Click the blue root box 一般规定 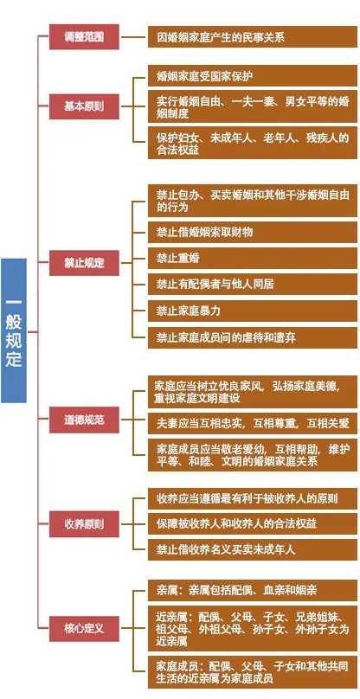[14, 330]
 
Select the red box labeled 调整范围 [84, 36]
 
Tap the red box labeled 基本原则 [84, 106]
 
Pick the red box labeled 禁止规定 [84, 263]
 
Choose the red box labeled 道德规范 [84, 420]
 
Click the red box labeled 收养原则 [84, 523]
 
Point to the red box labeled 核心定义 [84, 629]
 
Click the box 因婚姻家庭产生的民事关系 [253, 36]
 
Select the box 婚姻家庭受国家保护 [253, 76]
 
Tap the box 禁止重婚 [253, 258]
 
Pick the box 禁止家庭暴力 [253, 311]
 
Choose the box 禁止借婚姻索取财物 [253, 232]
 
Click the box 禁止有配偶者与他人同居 [253, 285]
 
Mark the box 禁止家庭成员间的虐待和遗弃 [253, 337]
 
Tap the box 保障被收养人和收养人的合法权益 [253, 523]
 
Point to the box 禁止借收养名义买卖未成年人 [253, 549]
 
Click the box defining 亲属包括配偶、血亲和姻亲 [253, 591]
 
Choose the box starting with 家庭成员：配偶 [253, 672]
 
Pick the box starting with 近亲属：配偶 [253, 629]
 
